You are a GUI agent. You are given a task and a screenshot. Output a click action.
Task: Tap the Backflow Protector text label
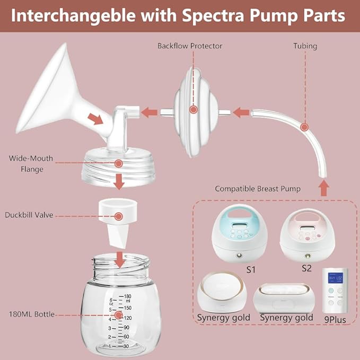click(190, 46)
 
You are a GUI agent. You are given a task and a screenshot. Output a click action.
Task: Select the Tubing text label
click(305, 46)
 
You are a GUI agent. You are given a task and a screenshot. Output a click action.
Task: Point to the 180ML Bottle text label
click(30, 314)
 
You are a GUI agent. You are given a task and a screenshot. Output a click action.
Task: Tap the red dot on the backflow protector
click(194, 110)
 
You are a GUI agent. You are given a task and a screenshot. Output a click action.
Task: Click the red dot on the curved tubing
click(304, 127)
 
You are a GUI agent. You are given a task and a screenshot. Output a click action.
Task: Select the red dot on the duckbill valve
click(119, 216)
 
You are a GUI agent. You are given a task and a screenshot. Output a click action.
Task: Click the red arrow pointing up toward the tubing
click(324, 186)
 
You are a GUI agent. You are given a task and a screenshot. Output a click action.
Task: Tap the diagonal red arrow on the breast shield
click(96, 118)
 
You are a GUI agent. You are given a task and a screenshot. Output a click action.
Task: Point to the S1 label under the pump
click(251, 269)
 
